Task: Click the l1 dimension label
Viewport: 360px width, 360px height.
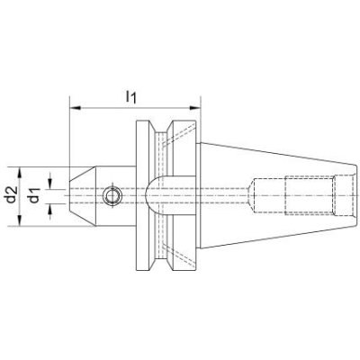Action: pyautogui.click(x=130, y=97)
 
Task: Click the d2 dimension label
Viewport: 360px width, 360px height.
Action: pyautogui.click(x=11, y=194)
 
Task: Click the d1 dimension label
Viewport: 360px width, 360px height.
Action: pyautogui.click(x=34, y=194)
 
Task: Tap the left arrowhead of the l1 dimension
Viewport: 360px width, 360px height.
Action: pyautogui.click(x=75, y=108)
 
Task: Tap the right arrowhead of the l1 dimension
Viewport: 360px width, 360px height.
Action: pyautogui.click(x=194, y=108)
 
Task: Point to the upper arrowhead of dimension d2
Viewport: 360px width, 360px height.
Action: pyautogui.click(x=20, y=173)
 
